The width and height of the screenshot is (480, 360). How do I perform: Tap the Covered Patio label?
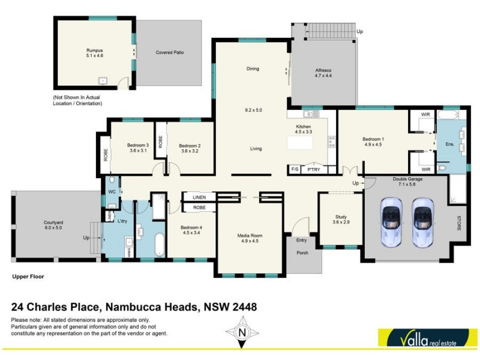pyautogui.click(x=170, y=52)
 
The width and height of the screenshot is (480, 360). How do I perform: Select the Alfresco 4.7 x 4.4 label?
pyautogui.click(x=324, y=73)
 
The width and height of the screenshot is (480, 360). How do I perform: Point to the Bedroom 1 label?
pyautogui.click(x=373, y=141)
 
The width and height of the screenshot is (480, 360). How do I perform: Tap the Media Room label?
pyautogui.click(x=249, y=239)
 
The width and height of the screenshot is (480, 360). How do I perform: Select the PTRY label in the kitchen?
pyautogui.click(x=314, y=170)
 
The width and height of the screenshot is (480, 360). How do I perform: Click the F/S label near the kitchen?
pyautogui.click(x=295, y=170)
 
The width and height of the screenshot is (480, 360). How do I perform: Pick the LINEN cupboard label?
pyautogui.click(x=199, y=197)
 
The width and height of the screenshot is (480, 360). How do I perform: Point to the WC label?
pyautogui.click(x=112, y=192)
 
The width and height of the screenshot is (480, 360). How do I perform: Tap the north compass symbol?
pyautogui.click(x=242, y=332)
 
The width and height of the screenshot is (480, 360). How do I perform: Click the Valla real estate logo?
pyautogui.click(x=423, y=339)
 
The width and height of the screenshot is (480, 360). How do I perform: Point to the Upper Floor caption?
pyautogui.click(x=28, y=277)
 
